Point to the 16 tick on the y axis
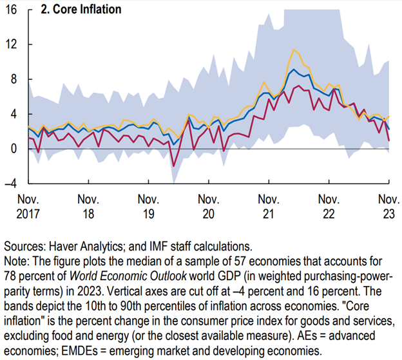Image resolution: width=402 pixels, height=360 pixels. pos(12,10)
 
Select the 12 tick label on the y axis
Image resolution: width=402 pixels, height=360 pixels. pos(12,44)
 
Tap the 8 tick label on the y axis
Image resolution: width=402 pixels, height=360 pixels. pos(15,79)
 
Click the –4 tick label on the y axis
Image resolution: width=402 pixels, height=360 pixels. pos(12,184)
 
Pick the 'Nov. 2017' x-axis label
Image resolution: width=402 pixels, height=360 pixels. pos(28,205)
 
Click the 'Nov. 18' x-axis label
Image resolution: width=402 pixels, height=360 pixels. pos(88,205)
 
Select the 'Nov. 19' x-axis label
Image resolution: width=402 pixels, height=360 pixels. pos(148,205)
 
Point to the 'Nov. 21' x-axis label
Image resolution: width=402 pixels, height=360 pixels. pos(269,205)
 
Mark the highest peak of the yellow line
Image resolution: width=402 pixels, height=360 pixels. pos(294,50)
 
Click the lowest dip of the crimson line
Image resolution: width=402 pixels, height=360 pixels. pos(173,166)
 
